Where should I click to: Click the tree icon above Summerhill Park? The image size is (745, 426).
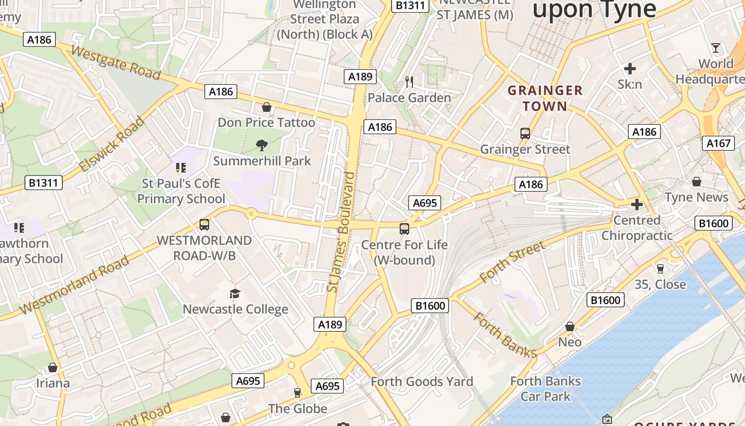click(x=261, y=145)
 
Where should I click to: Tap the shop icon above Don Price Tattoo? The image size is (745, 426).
click(x=267, y=107)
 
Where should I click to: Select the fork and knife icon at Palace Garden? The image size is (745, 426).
click(x=409, y=81)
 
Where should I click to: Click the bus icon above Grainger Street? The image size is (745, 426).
click(x=525, y=134)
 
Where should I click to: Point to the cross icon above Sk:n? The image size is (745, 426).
click(x=630, y=68)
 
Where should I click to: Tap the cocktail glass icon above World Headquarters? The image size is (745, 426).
click(x=716, y=48)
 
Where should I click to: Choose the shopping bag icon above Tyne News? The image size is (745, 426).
click(x=696, y=182)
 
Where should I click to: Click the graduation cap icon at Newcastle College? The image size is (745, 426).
click(x=235, y=293)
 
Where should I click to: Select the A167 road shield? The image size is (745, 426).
click(x=718, y=143)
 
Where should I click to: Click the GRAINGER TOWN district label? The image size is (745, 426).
click(x=545, y=98)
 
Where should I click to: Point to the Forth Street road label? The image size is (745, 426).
click(x=512, y=261)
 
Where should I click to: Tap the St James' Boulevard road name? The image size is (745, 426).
click(x=341, y=232)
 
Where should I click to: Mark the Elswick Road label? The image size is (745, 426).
click(x=112, y=144)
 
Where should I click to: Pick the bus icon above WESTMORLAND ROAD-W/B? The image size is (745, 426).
click(x=204, y=225)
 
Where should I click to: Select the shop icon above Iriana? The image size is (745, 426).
click(x=53, y=367)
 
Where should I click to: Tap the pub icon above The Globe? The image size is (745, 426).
click(x=297, y=393)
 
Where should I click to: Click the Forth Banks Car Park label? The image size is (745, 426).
click(x=545, y=389)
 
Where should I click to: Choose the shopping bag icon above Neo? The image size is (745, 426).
click(x=570, y=326)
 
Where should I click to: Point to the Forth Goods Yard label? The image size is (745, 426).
click(x=422, y=381)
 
